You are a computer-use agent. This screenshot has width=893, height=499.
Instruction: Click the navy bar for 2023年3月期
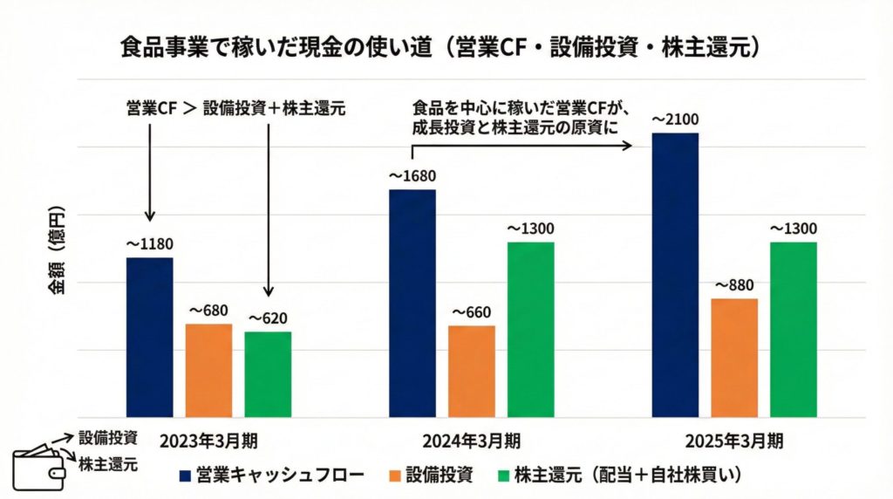pos(149,338)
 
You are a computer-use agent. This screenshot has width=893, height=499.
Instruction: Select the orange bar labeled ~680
pos(208,371)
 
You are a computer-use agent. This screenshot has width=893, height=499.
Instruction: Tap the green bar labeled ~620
pos(268,374)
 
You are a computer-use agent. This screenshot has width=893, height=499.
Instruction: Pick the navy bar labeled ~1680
pos(412,304)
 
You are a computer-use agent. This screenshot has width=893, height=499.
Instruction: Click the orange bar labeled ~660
pos(472,372)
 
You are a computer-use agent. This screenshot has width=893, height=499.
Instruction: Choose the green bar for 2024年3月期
pos(530,330)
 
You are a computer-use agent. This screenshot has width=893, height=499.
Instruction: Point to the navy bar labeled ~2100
pos(675,276)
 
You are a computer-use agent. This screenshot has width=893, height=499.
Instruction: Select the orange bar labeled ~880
pos(734,358)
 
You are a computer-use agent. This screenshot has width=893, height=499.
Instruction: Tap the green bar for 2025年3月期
pos(794,330)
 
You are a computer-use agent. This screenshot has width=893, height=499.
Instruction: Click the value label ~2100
pos(675,120)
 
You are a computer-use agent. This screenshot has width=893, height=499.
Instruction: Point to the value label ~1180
pos(149,243)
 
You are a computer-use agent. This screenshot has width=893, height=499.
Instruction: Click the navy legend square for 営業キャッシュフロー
pos(185,475)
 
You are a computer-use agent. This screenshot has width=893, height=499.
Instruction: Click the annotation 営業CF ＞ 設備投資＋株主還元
pos(235,109)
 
